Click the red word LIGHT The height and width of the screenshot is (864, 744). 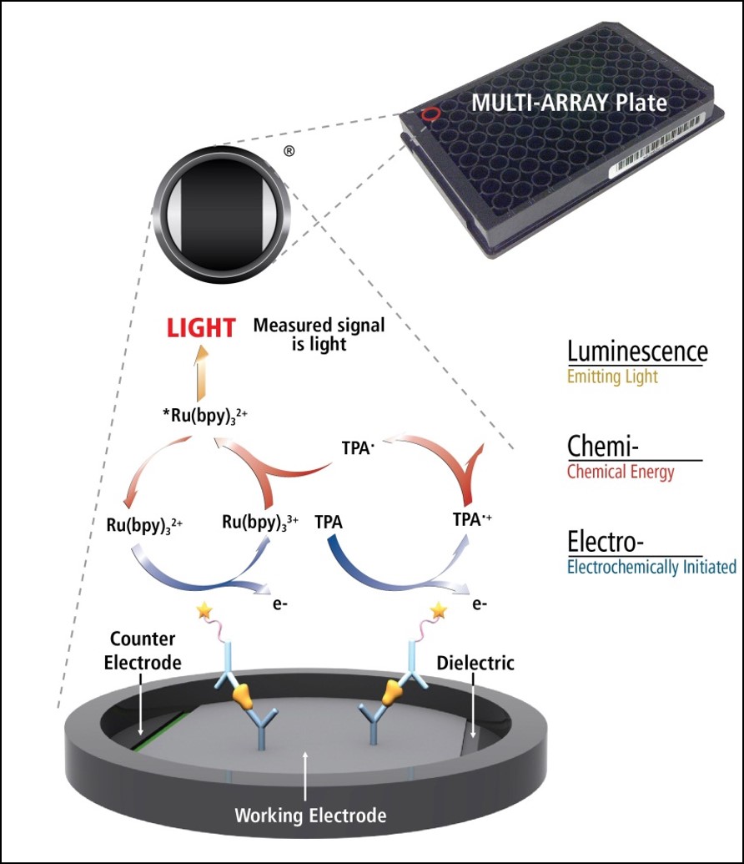pos(200,328)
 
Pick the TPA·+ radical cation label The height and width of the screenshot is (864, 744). pos(472,521)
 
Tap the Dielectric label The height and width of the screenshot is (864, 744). pos(475,663)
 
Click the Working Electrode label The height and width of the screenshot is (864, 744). pos(310,814)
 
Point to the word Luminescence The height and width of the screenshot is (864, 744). pos(637,351)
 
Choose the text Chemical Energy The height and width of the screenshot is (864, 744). pos(621,472)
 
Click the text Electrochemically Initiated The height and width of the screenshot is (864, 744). pos(651,568)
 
